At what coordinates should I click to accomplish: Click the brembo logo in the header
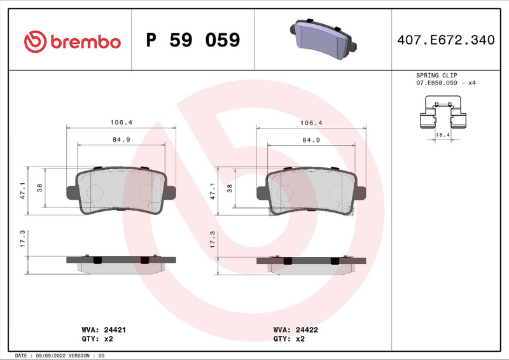tap(72, 41)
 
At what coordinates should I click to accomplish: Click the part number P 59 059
tap(193, 41)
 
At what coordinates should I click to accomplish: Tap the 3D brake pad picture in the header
tap(323, 38)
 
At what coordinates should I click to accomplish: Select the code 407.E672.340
tap(445, 41)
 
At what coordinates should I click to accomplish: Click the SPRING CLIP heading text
tap(436, 75)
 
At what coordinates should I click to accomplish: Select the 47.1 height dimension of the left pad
tap(23, 192)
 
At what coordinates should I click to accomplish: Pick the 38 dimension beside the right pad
tap(230, 188)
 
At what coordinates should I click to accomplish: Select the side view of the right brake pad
tap(311, 263)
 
